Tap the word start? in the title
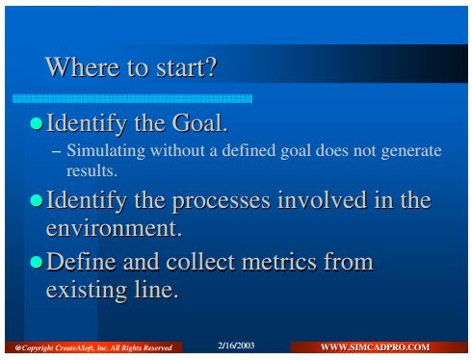click(187, 67)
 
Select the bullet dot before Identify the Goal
click(37, 123)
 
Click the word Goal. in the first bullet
click(199, 122)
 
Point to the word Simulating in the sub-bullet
click(106, 151)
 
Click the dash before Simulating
click(56, 152)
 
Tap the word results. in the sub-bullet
click(92, 171)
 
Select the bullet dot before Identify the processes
click(37, 200)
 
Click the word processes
click(222, 201)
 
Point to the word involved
click(322, 199)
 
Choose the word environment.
click(114, 228)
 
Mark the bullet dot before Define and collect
click(37, 262)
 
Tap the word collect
click(200, 262)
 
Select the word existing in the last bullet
click(86, 291)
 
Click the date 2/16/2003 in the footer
click(236, 346)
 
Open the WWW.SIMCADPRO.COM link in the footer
click(375, 347)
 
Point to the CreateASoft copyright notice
click(93, 347)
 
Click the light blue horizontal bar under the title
click(132, 98)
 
